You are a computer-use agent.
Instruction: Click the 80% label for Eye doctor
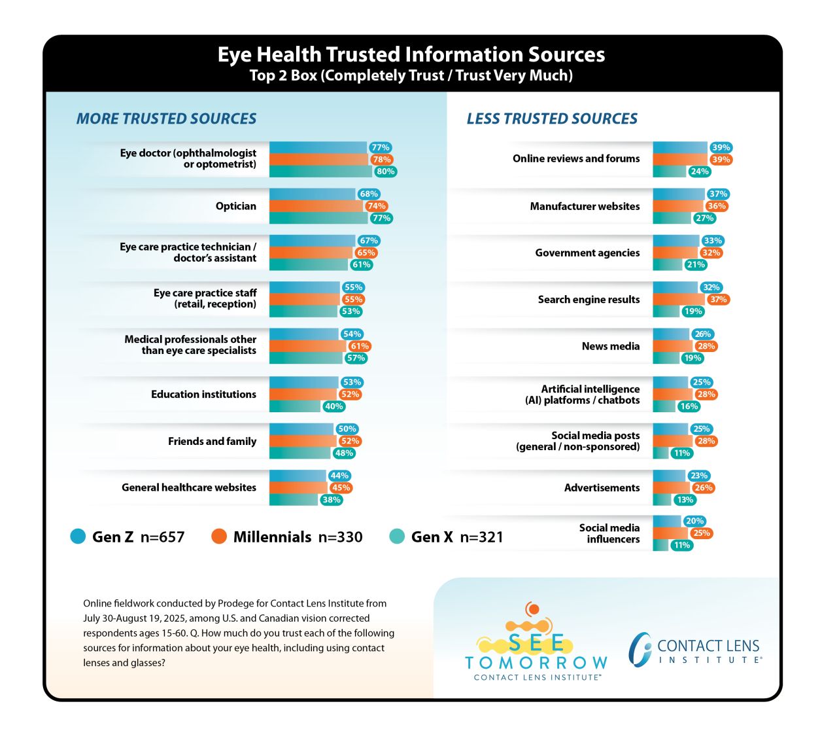pyautogui.click(x=385, y=171)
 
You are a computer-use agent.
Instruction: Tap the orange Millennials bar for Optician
pyautogui.click(x=316, y=206)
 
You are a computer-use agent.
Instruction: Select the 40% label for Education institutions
pyautogui.click(x=333, y=406)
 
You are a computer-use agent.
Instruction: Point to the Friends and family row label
pyautogui.click(x=212, y=441)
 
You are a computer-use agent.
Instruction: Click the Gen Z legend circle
pyautogui.click(x=78, y=536)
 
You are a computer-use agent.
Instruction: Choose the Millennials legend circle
pyautogui.click(x=218, y=536)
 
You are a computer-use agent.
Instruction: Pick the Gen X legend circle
pyautogui.click(x=397, y=536)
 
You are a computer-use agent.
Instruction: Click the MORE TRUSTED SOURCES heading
pyautogui.click(x=166, y=118)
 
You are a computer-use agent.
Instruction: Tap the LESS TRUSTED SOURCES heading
pyautogui.click(x=552, y=118)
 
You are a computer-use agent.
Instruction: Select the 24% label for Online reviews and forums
pyautogui.click(x=699, y=171)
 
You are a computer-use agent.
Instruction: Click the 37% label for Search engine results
pyautogui.click(x=718, y=299)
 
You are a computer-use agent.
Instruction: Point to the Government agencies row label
pyautogui.click(x=587, y=253)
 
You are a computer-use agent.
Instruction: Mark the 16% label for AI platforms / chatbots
pyautogui.click(x=689, y=406)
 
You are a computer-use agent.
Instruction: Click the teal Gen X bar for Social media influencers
pyautogui.click(x=660, y=545)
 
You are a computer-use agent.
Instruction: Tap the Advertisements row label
pyautogui.click(x=602, y=487)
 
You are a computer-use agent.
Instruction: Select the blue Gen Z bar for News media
pyautogui.click(x=671, y=334)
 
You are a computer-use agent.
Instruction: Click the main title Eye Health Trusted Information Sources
pyautogui.click(x=411, y=54)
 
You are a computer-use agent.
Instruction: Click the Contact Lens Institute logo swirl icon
pyautogui.click(x=640, y=649)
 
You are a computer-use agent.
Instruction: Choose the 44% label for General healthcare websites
pyautogui.click(x=339, y=476)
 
